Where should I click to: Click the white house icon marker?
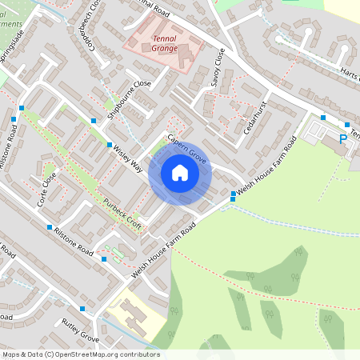click(x=179, y=173)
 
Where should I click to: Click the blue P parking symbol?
click(x=343, y=138)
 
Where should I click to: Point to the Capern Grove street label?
click(x=188, y=150)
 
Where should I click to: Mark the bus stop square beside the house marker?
click(x=233, y=194)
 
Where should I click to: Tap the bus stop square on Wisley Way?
click(x=110, y=145)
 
